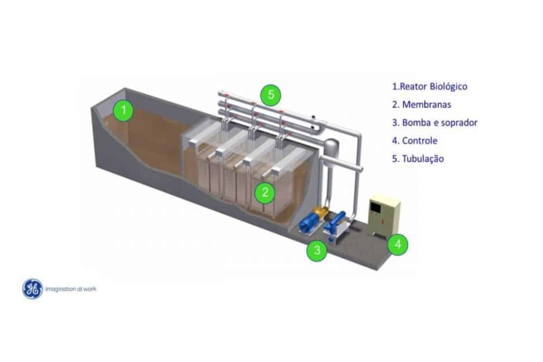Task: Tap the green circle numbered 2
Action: pyautogui.click(x=265, y=193)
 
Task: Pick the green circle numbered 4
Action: pyautogui.click(x=398, y=245)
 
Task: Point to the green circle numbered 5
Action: pyautogui.click(x=271, y=95)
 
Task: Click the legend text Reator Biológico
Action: pyautogui.click(x=429, y=86)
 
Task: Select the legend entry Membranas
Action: pyautogui.click(x=421, y=105)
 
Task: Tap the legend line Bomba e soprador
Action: pyautogui.click(x=434, y=123)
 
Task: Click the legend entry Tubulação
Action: pyautogui.click(x=418, y=159)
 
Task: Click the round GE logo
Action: pyautogui.click(x=33, y=289)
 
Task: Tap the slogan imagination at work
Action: pyautogui.click(x=71, y=289)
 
